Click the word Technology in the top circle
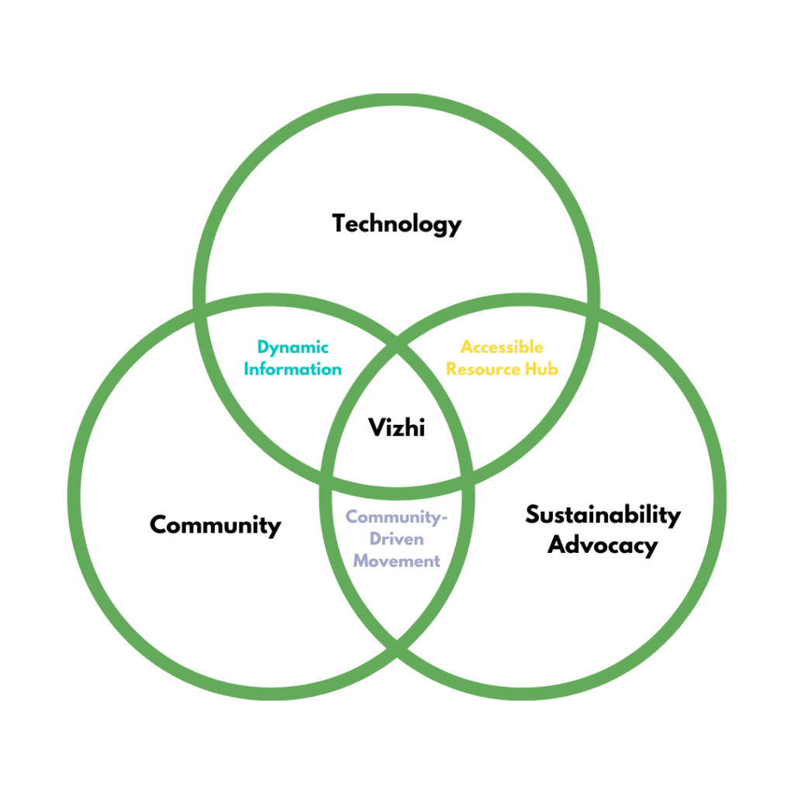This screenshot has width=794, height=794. click(397, 225)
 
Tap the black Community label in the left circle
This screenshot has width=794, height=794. click(215, 526)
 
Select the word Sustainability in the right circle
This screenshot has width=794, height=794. click(602, 515)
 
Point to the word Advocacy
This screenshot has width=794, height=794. click(602, 544)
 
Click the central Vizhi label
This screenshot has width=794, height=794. click(396, 427)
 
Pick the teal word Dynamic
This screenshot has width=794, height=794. click(293, 347)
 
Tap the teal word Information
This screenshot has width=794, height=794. click(292, 369)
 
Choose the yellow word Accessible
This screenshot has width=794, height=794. click(502, 347)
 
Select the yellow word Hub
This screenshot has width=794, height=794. click(543, 369)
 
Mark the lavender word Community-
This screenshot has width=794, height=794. click(397, 517)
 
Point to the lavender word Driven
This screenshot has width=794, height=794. click(396, 539)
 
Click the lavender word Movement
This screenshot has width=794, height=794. click(396, 561)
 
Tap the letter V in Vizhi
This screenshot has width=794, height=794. click(375, 427)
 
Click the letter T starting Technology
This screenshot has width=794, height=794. click(340, 224)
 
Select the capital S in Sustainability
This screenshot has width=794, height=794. click(533, 515)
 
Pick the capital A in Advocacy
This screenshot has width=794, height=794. click(557, 544)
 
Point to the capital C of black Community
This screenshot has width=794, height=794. click(157, 526)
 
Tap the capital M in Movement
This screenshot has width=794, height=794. click(361, 561)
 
